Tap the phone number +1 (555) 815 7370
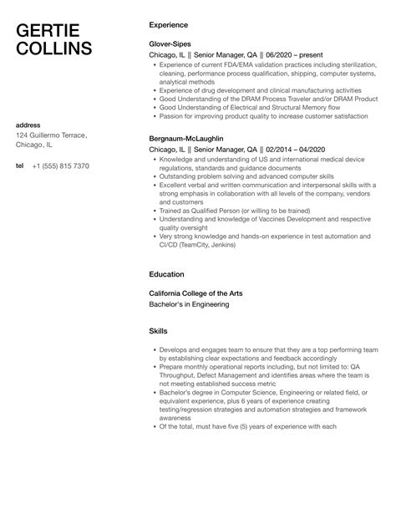pyautogui.click(x=60, y=166)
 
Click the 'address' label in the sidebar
pyautogui.click(x=30, y=124)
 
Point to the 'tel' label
pyautogui.click(x=20, y=166)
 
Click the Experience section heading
pyautogui.click(x=168, y=25)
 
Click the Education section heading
pyautogui.click(x=167, y=273)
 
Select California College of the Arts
pyautogui.click(x=199, y=294)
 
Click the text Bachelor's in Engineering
pyautogui.click(x=188, y=306)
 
